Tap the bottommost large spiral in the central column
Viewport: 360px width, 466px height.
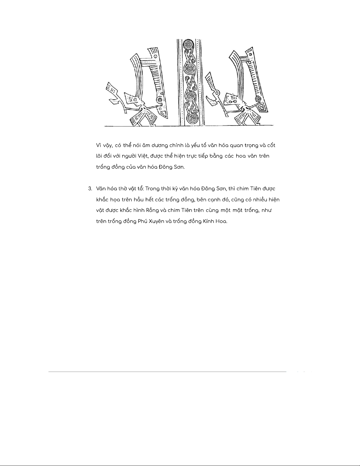coord(191,118)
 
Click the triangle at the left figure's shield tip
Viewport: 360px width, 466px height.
coord(163,113)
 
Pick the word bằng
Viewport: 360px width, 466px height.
coord(216,156)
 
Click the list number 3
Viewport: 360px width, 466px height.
coord(90,189)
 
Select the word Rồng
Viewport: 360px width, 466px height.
coord(152,211)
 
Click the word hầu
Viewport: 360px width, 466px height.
coord(138,200)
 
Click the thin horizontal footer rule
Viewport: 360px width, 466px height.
coord(168,372)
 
